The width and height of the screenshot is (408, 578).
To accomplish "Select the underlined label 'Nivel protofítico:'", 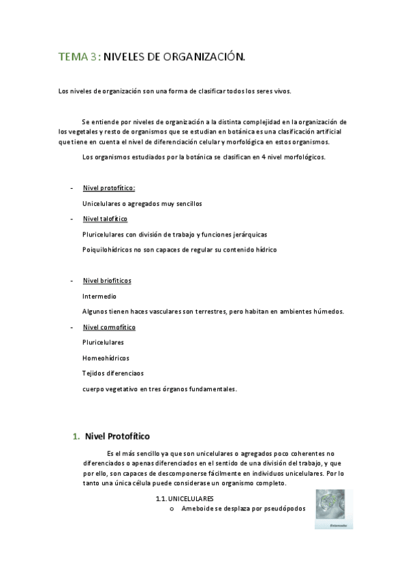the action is point(108,187).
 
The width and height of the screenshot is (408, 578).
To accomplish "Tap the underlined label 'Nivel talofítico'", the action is point(105,219).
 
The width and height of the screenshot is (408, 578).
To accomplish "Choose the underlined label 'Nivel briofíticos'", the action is point(107,281).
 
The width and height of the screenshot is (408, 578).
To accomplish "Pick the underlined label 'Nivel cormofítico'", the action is point(109,327).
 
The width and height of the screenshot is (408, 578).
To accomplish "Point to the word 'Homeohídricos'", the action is point(106,358).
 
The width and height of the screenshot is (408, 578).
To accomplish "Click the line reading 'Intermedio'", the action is point(99,296).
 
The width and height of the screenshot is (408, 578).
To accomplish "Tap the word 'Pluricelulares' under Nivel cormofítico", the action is point(103,342).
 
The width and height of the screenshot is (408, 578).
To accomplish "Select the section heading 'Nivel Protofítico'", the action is point(117,436).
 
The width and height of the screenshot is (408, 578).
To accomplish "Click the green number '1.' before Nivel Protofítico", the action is point(76,436).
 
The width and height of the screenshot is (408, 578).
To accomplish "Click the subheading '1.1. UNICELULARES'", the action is point(184,499).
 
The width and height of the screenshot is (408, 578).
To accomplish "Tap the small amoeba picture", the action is point(334,508).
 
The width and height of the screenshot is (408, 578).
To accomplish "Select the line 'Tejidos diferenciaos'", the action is point(112,374).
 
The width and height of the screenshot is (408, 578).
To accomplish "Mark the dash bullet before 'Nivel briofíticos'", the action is point(72,281).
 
